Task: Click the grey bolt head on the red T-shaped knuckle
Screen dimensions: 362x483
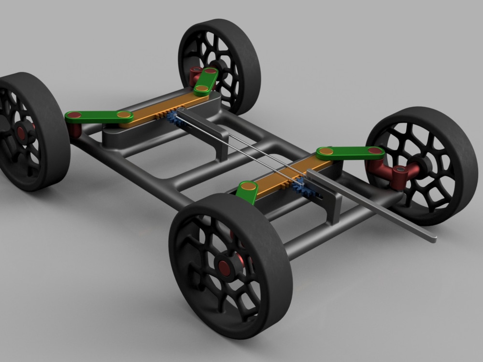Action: pyautogui.click(x=400, y=170)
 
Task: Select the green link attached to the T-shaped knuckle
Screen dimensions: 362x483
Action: pyautogui.click(x=350, y=153)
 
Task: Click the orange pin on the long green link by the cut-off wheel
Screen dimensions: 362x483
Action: pyautogui.click(x=124, y=115)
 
